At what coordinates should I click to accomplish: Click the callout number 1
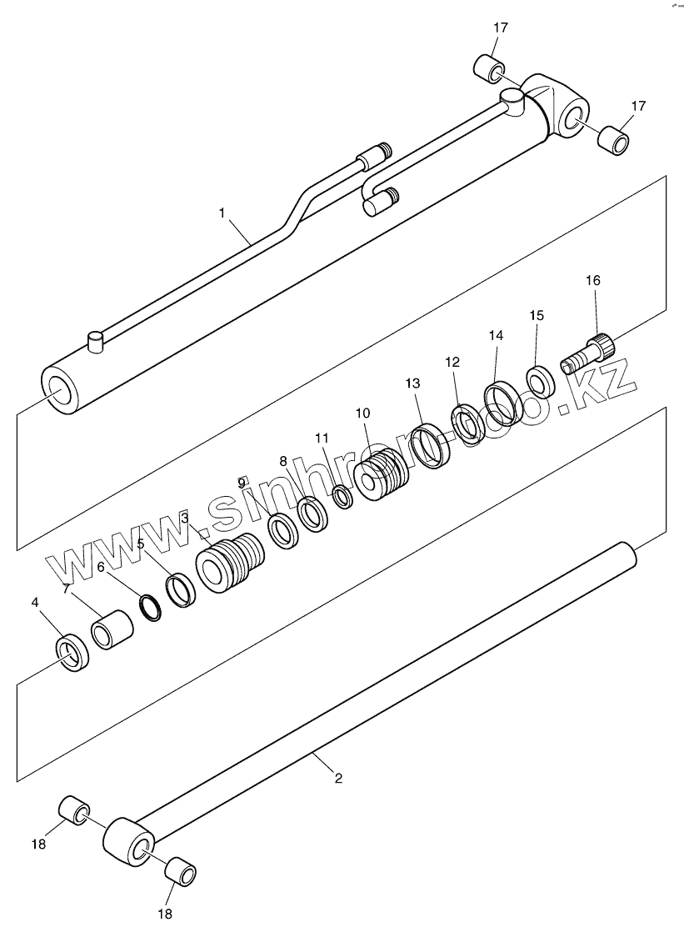click(222, 213)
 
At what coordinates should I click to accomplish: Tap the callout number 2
click(338, 779)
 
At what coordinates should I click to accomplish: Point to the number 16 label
click(592, 280)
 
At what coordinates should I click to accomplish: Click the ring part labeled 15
click(540, 380)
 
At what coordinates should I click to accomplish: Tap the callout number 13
click(413, 383)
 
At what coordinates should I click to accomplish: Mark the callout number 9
click(242, 483)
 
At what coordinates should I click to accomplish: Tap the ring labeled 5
click(181, 589)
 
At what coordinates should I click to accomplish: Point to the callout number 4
click(34, 602)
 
